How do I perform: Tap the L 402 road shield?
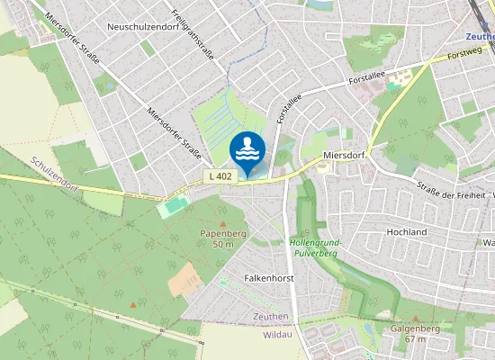click(220, 176)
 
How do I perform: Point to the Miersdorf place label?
click(342, 156)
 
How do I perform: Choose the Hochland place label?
click(406, 232)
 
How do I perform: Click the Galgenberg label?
click(415, 328)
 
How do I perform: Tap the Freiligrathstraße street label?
click(191, 34)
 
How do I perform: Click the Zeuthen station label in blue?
click(479, 37)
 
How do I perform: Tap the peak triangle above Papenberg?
click(223, 222)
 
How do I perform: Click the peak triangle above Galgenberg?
click(415, 318)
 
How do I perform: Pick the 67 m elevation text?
click(415, 338)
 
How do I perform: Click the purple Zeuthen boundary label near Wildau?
click(271, 316)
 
